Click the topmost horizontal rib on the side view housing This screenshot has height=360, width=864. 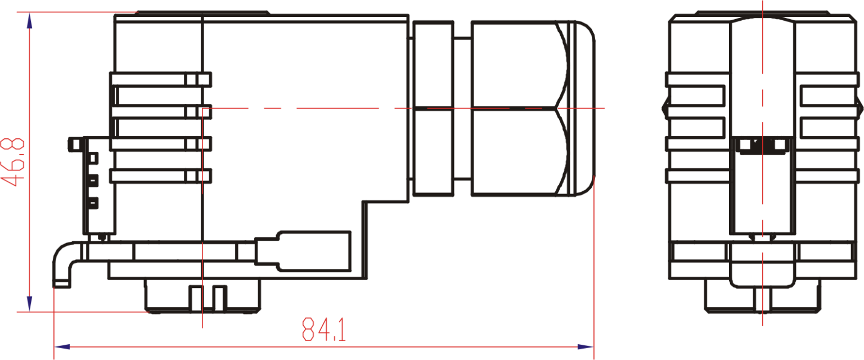161,79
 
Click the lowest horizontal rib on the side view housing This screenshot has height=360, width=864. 161,176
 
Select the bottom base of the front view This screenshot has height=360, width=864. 762,300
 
